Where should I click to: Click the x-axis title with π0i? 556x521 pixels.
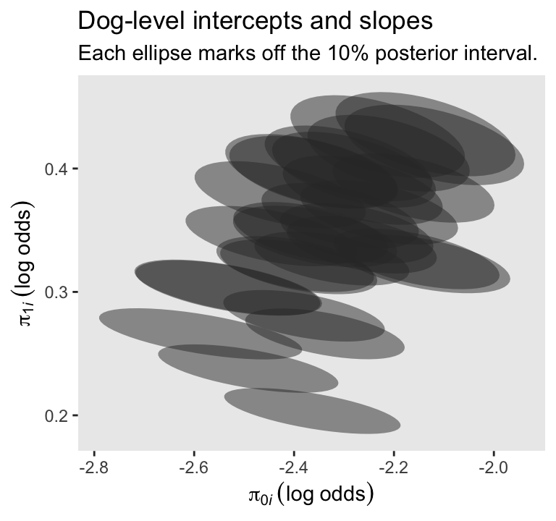point(311,495)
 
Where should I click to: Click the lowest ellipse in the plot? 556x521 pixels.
point(312,410)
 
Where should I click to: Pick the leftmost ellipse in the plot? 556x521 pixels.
point(200,334)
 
